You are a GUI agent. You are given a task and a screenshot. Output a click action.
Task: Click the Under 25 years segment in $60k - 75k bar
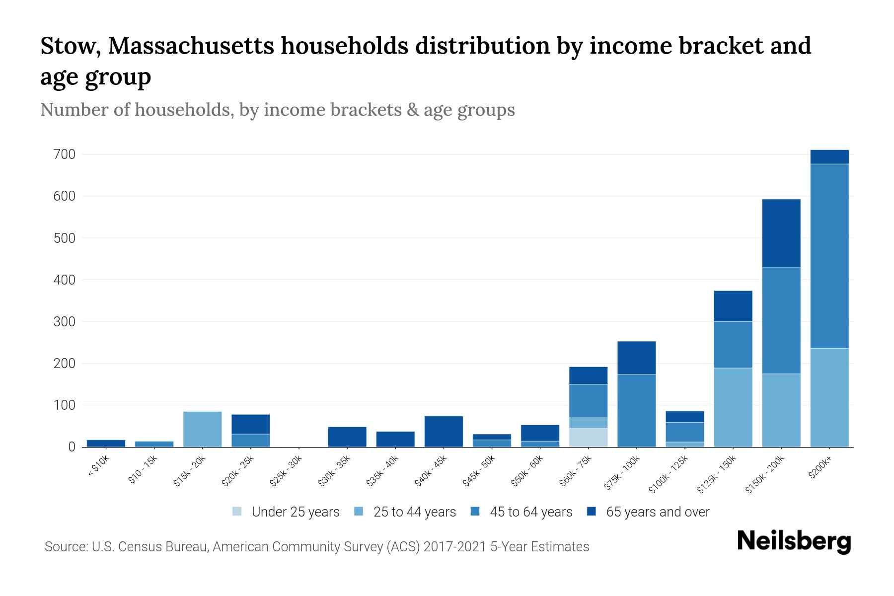588,437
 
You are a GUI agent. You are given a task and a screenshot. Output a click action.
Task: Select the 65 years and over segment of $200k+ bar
829,157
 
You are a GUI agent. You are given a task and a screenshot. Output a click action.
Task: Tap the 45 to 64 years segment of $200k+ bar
829,256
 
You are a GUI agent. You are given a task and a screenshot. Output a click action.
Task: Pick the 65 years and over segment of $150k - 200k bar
781,233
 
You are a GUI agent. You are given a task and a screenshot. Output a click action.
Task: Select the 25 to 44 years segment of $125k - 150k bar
733,407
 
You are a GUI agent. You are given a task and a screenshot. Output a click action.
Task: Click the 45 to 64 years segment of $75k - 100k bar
636,410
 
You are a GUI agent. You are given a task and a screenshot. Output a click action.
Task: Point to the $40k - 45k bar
444,431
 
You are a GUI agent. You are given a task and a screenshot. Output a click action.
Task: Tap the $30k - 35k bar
347,437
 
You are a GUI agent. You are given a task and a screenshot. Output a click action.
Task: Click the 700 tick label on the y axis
64,154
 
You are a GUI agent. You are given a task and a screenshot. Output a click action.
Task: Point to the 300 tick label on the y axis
64,322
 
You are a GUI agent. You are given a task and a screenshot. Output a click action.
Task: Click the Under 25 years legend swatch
237,512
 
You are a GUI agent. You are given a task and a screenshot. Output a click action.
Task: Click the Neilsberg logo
794,541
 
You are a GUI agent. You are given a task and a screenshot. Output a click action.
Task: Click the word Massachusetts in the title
191,46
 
